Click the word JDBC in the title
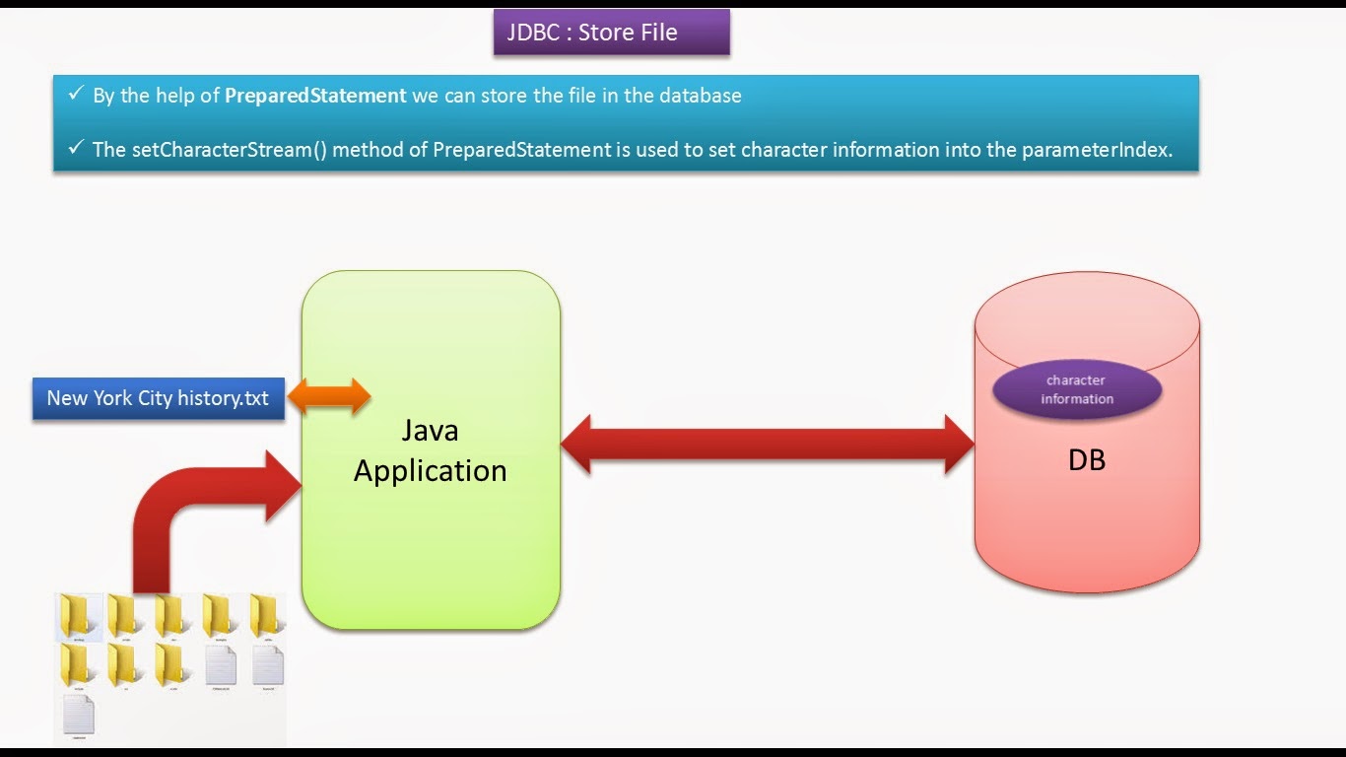tap(532, 33)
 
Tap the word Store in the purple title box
tap(606, 33)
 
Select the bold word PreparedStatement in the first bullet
tap(315, 96)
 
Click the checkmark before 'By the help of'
tap(76, 95)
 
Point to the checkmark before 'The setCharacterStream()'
tap(76, 149)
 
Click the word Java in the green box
tap(430, 431)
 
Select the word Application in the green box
tap(430, 471)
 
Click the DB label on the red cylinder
tap(1086, 460)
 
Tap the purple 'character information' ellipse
tap(1077, 389)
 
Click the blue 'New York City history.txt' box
tap(158, 398)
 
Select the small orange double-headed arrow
tap(328, 397)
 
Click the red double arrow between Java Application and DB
tap(767, 445)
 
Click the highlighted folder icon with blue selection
tap(79, 617)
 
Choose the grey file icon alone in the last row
tap(79, 715)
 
